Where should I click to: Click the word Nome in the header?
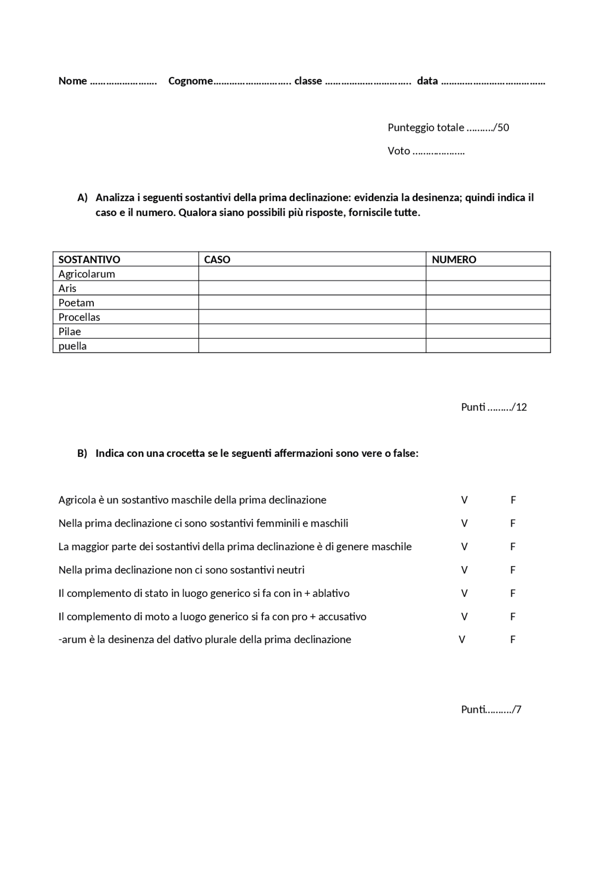point(73,81)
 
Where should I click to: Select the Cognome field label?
point(190,81)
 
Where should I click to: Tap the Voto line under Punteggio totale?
point(426,151)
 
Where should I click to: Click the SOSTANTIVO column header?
point(89,259)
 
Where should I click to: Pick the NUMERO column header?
point(454,259)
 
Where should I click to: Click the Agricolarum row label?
point(86,274)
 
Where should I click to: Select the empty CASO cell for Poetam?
point(312,303)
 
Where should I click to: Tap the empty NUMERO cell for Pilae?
point(488,331)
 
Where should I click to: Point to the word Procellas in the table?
point(79,317)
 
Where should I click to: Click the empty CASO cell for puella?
point(312,346)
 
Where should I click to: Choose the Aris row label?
point(67,288)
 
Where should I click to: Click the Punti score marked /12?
point(494,407)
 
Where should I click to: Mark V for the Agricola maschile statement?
point(464,500)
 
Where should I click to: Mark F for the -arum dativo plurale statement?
point(513,640)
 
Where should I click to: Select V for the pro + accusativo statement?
point(464,617)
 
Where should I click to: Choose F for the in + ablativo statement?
point(513,593)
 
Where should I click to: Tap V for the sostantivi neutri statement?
point(464,570)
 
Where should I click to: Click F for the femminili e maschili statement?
point(513,523)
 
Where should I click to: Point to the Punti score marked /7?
point(491,709)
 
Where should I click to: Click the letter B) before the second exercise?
point(82,453)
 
